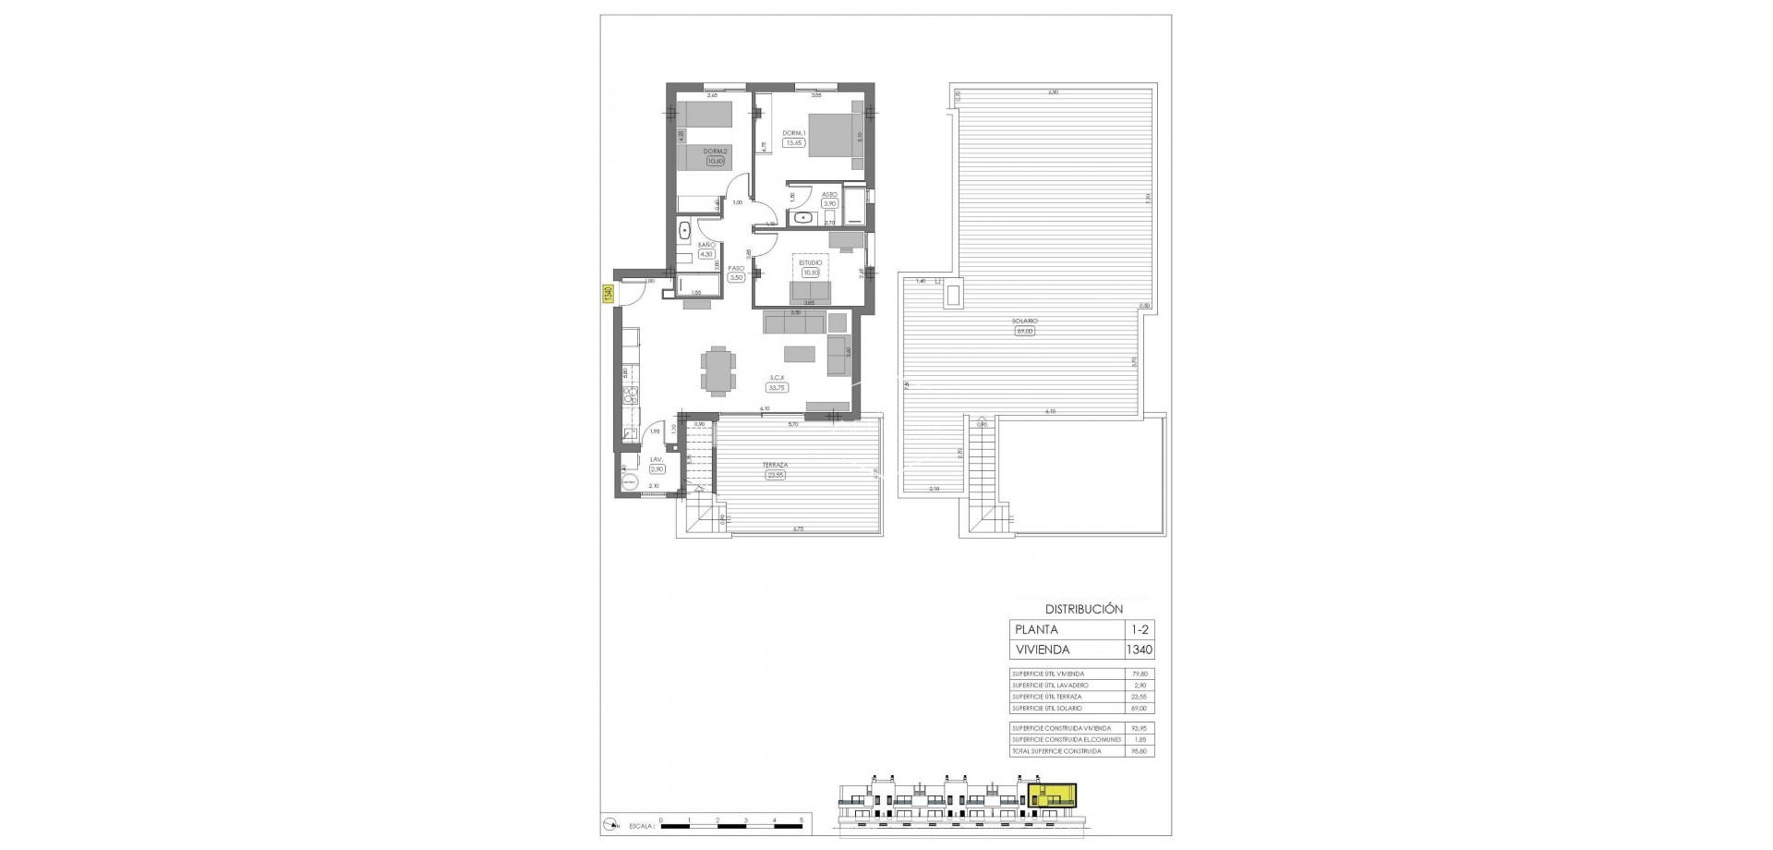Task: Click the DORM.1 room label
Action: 794,133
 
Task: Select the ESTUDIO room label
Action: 810,262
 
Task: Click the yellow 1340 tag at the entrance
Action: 608,294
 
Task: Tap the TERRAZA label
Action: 774,465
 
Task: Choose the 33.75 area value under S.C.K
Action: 778,388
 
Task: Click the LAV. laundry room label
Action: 657,459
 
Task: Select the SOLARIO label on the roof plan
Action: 1023,321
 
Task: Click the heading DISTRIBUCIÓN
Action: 1083,609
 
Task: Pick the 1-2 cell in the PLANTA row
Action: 1139,629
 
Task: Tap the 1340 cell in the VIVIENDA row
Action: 1139,650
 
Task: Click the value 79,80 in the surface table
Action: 1139,674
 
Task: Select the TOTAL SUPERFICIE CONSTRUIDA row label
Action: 1056,751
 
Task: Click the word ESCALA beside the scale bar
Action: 640,821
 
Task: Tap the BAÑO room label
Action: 706,245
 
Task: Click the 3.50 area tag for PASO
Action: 736,277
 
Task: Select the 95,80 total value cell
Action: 1139,751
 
